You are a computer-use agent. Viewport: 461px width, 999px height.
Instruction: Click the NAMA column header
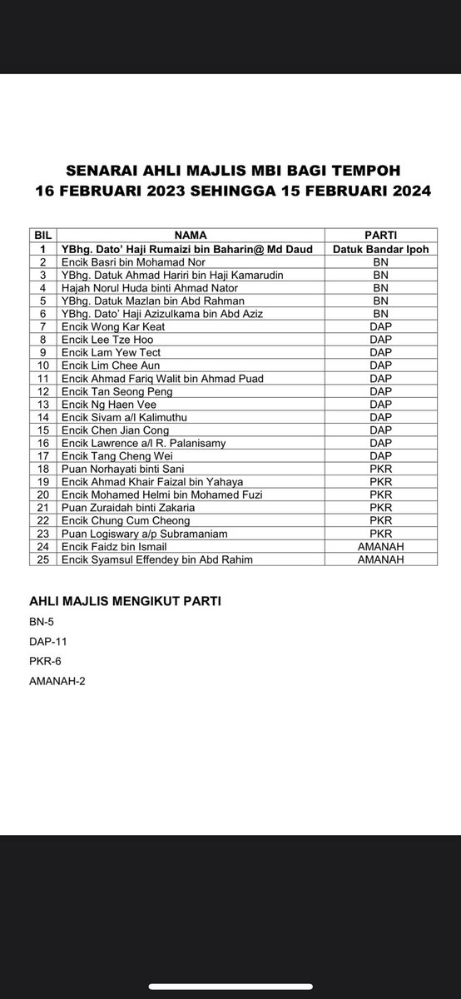pyautogui.click(x=191, y=236)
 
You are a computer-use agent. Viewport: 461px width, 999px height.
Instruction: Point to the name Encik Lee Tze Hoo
pyautogui.click(x=107, y=340)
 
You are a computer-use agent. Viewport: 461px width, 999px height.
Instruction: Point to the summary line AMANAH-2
pyautogui.click(x=57, y=682)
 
